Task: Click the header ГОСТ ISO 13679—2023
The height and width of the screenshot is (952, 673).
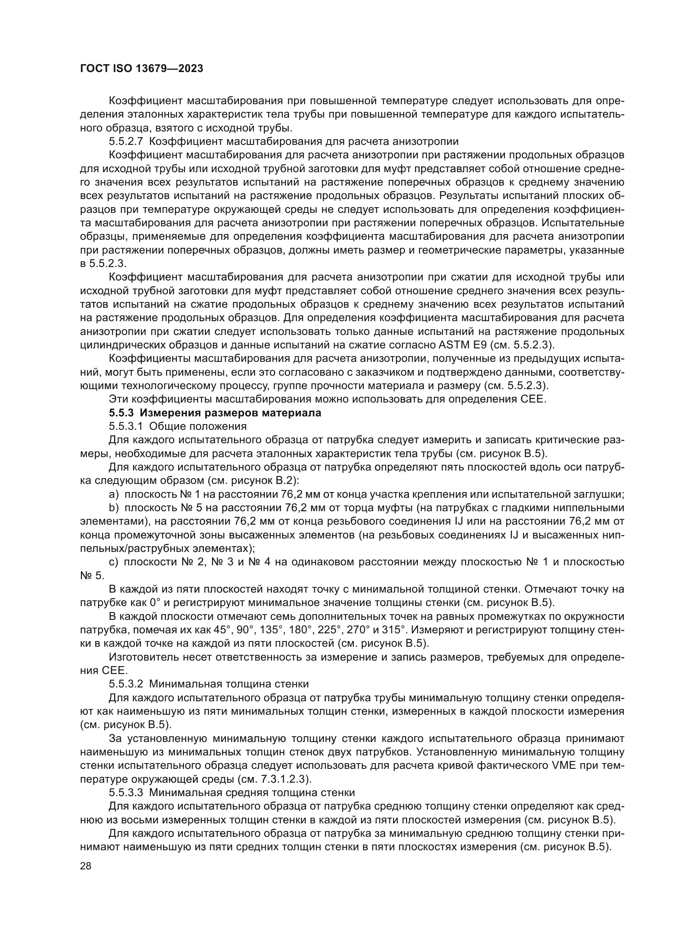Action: (x=141, y=69)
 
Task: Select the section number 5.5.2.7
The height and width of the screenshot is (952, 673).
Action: (x=126, y=141)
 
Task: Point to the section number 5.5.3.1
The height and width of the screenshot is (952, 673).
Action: (x=126, y=426)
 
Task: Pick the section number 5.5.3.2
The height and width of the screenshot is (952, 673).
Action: (x=126, y=684)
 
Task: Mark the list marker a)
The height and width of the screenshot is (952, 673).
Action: (x=114, y=494)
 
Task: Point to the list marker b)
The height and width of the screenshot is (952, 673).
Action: (x=114, y=508)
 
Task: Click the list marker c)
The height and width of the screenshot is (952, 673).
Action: (x=114, y=562)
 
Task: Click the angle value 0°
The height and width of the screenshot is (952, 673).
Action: (x=148, y=602)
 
